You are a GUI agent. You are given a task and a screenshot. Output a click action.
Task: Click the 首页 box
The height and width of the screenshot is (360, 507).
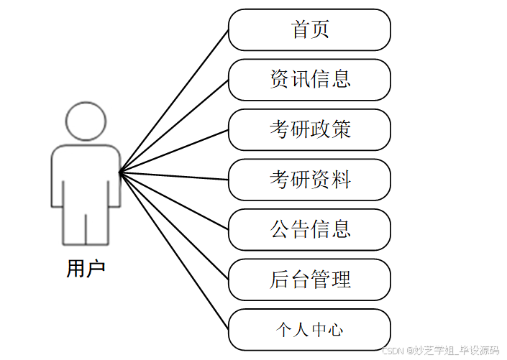[309, 30]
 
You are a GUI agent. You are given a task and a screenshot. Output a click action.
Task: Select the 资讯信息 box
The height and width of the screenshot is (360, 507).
[309, 80]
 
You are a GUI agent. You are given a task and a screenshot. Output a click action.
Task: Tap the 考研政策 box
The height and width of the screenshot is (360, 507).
[309, 130]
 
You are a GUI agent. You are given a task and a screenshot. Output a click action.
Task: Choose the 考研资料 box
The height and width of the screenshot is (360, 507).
[309, 180]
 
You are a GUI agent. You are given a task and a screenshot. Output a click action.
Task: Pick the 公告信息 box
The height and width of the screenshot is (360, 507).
[309, 229]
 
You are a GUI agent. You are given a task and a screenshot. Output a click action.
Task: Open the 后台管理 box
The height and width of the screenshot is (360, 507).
[309, 280]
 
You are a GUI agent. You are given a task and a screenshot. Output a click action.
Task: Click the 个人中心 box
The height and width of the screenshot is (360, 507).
[309, 330]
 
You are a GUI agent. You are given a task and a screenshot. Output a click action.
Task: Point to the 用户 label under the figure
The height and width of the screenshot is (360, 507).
[86, 269]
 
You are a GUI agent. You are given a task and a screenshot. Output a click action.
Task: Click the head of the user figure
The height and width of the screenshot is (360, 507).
[86, 121]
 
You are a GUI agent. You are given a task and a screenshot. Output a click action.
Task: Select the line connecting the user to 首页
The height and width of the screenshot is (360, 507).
[174, 101]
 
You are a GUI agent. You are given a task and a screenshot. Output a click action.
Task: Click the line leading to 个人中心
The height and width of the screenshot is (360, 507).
[174, 251]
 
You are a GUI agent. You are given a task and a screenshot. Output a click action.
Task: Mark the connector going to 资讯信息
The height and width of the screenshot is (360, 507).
[174, 125]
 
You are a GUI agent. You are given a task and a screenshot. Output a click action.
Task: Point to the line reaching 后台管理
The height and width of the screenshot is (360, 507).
[174, 226]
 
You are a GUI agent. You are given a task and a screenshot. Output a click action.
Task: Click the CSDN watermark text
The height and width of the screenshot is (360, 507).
[440, 351]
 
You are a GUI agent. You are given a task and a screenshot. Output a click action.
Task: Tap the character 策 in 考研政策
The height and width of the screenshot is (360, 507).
[342, 130]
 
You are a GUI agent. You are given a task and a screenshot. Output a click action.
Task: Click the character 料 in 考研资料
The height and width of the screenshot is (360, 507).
[342, 180]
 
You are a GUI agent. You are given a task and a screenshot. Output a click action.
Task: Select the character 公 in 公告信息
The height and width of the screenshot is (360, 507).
[279, 229]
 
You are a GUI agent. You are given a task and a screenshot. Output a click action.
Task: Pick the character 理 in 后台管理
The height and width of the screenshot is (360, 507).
[342, 280]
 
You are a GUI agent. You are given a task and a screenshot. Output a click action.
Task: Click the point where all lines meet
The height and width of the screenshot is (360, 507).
[120, 172]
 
